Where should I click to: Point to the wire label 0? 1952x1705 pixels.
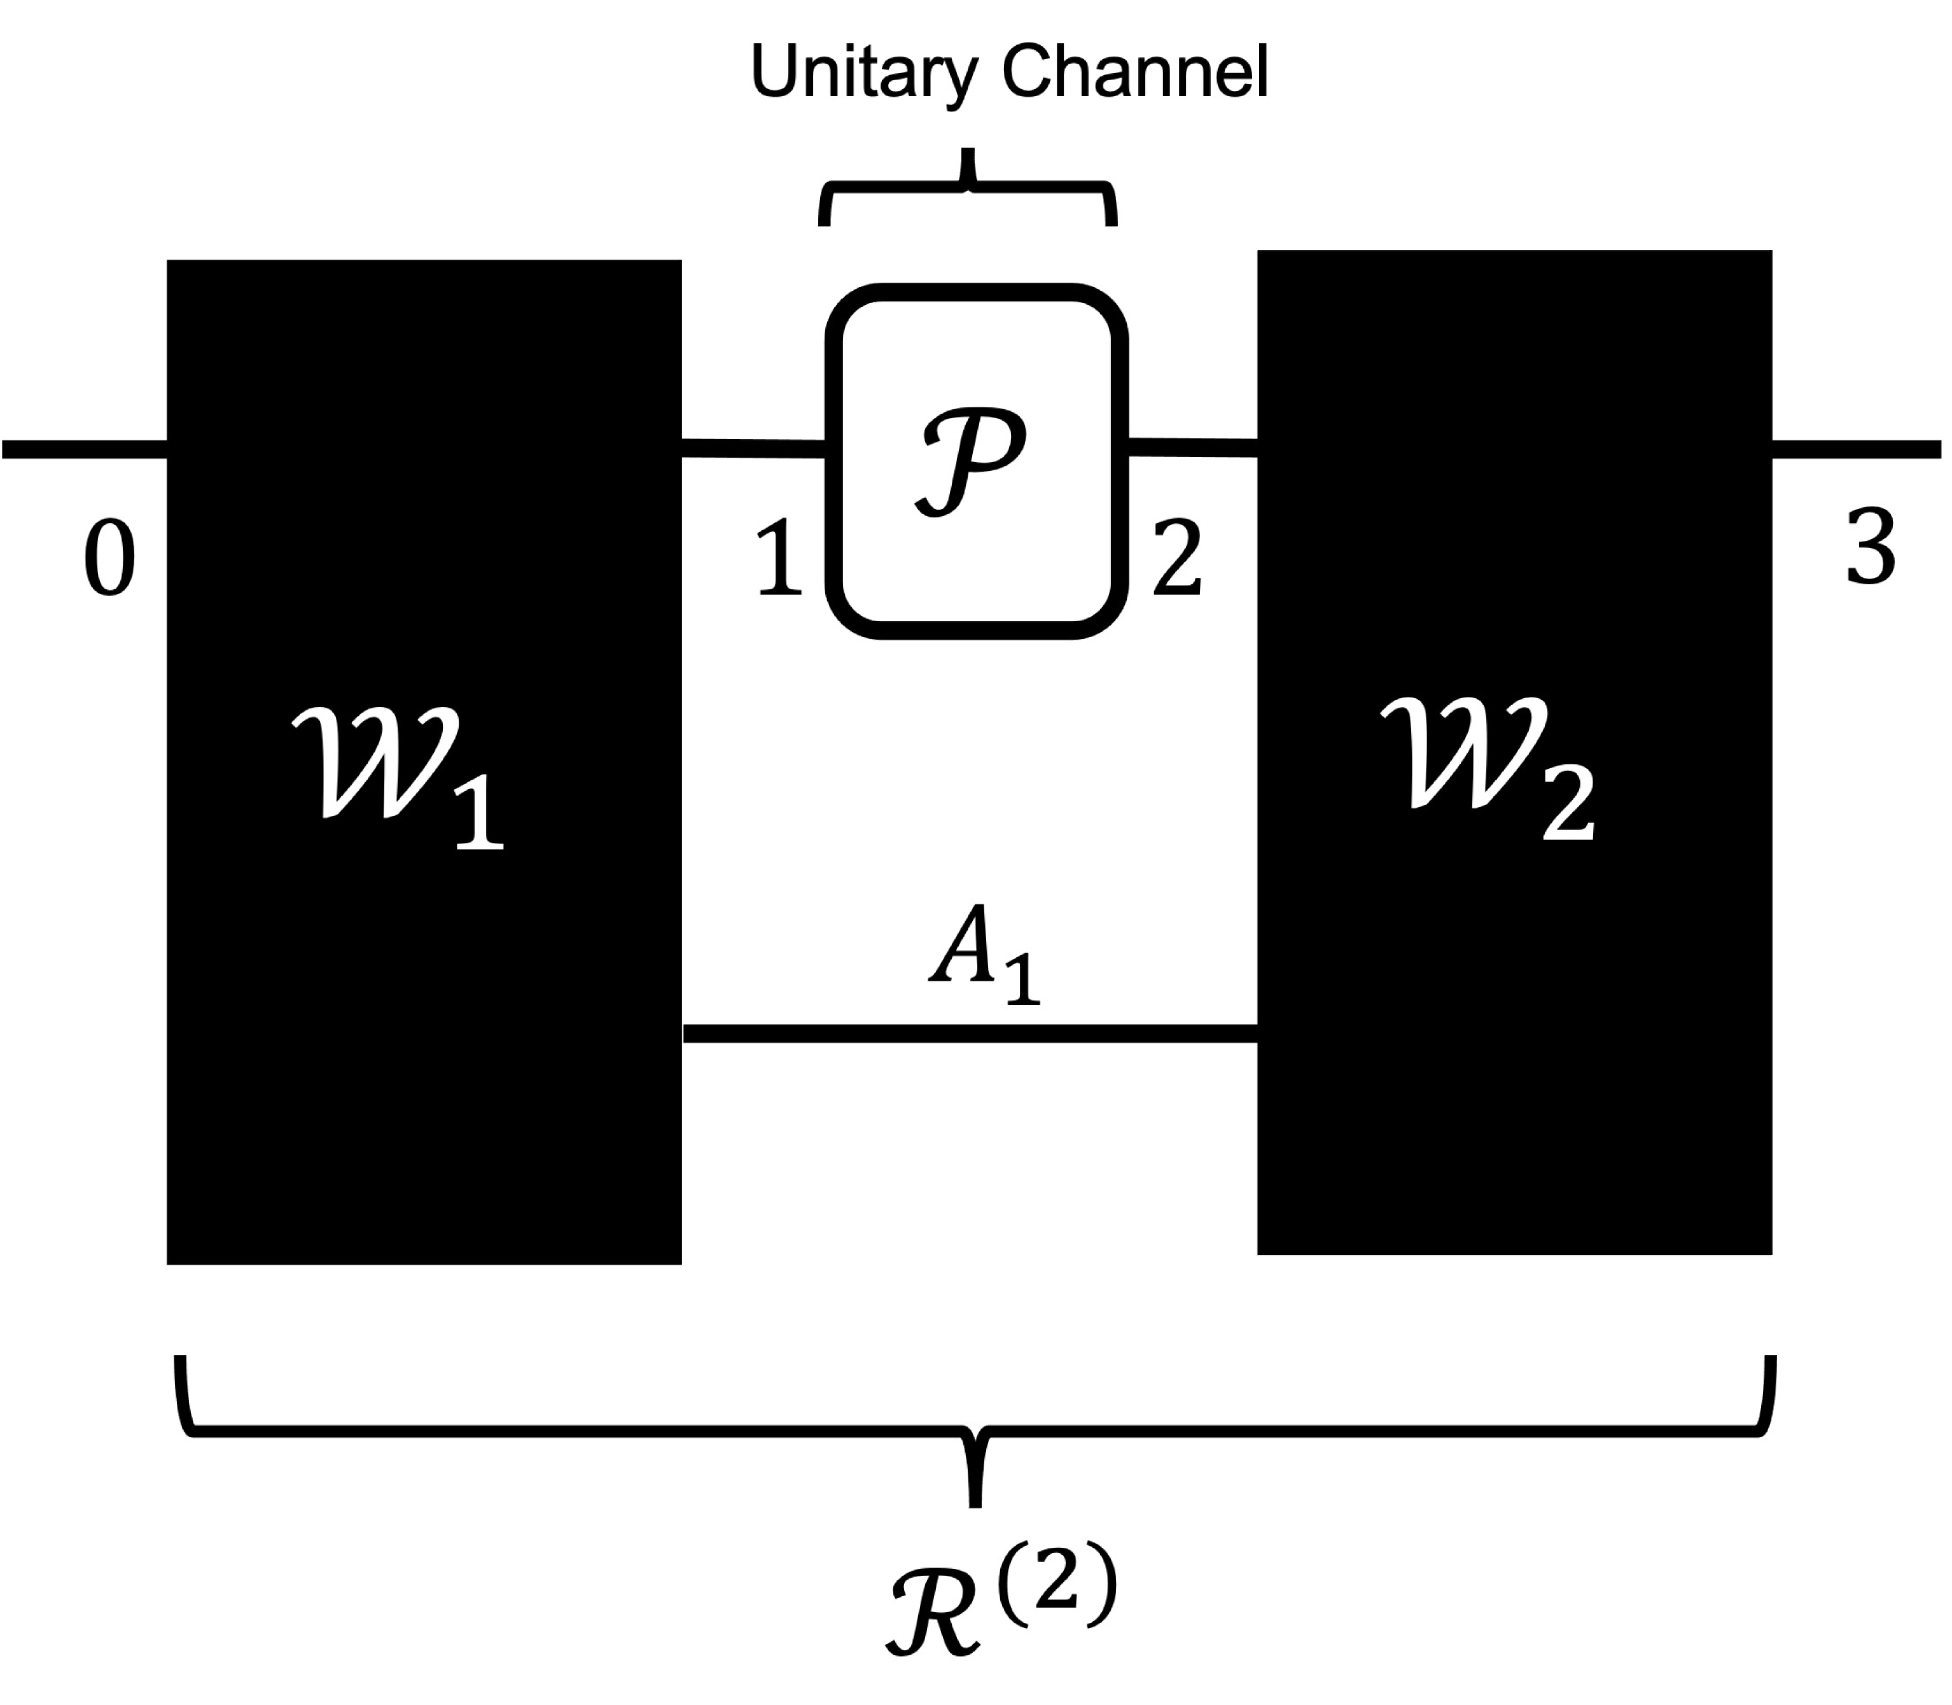[x=109, y=559]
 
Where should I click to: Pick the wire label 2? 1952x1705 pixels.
[x=1178, y=559]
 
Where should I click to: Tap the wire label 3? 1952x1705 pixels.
[x=1870, y=547]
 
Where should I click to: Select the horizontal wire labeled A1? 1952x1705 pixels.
[x=970, y=1034]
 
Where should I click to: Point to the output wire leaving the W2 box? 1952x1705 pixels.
[x=1855, y=449]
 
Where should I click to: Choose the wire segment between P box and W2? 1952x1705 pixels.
[x=1192, y=447]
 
